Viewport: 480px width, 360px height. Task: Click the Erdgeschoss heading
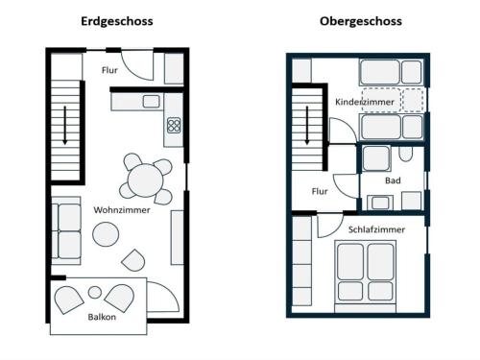click(117, 22)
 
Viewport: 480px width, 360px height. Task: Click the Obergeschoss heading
click(361, 22)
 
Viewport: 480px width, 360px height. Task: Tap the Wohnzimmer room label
click(122, 210)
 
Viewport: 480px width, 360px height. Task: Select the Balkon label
click(102, 317)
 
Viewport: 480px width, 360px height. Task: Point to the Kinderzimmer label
click(365, 102)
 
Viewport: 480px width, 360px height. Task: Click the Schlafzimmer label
click(376, 229)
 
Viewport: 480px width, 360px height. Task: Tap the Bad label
click(393, 180)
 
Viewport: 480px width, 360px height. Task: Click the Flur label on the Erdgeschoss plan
click(109, 70)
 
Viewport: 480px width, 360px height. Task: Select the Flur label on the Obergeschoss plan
click(320, 191)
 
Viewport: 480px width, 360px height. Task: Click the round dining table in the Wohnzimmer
click(146, 180)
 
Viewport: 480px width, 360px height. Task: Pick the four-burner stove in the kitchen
click(174, 125)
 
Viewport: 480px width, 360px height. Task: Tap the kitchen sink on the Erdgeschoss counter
click(151, 102)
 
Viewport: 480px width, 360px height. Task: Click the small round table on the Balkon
click(95, 292)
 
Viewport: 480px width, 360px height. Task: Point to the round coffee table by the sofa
click(106, 234)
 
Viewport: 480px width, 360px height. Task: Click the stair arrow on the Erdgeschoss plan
click(65, 125)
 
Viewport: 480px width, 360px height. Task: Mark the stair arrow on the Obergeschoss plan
click(307, 125)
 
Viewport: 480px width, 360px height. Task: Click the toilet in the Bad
click(405, 154)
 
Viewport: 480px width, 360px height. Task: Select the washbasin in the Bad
click(380, 203)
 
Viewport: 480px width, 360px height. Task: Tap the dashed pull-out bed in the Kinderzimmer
click(393, 100)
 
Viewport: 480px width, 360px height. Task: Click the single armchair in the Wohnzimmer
click(133, 260)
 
